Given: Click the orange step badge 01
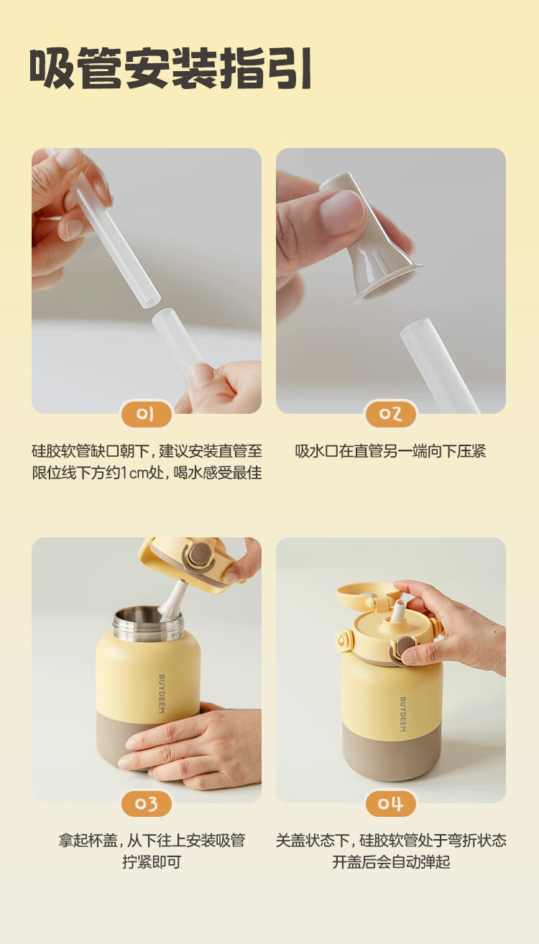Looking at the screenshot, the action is [x=146, y=415].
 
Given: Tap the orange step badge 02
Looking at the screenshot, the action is [x=391, y=415].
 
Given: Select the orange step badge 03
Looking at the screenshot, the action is [x=146, y=804].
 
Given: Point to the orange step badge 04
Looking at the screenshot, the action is [x=391, y=804].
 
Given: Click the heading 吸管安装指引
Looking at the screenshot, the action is [x=170, y=68].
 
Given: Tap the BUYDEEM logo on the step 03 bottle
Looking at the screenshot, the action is [x=162, y=694].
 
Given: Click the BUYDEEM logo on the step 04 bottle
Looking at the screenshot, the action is [x=403, y=714].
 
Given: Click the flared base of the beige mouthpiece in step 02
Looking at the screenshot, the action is [x=387, y=282].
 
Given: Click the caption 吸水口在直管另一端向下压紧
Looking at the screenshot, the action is [x=391, y=451].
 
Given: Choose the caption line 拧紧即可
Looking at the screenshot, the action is [x=152, y=862].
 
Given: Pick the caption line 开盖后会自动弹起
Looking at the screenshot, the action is [x=391, y=862].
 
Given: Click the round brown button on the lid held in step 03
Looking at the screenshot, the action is [x=200, y=553].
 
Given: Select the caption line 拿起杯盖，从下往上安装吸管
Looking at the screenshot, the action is [x=152, y=841].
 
